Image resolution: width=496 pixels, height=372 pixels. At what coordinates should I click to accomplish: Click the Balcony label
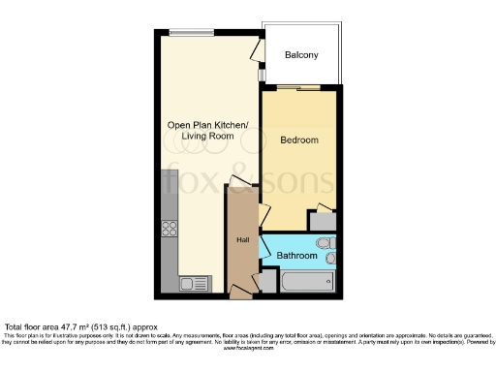tap(301, 55)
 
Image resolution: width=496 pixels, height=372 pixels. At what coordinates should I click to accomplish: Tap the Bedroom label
tap(299, 140)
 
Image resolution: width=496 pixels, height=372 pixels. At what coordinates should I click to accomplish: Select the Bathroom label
tap(296, 256)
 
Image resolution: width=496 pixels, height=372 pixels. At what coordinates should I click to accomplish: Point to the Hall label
tap(243, 240)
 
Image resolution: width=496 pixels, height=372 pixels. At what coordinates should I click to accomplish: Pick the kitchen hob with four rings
tap(170, 230)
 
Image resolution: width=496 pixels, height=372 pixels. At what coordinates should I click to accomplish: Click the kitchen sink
tap(190, 283)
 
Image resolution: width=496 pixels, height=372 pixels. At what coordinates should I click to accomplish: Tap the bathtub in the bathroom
tap(306, 281)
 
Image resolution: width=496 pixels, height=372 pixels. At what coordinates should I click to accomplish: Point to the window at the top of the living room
tap(192, 33)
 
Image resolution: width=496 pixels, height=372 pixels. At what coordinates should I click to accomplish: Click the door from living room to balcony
tap(258, 50)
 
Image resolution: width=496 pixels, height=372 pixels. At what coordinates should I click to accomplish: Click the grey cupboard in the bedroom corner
tap(321, 220)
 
